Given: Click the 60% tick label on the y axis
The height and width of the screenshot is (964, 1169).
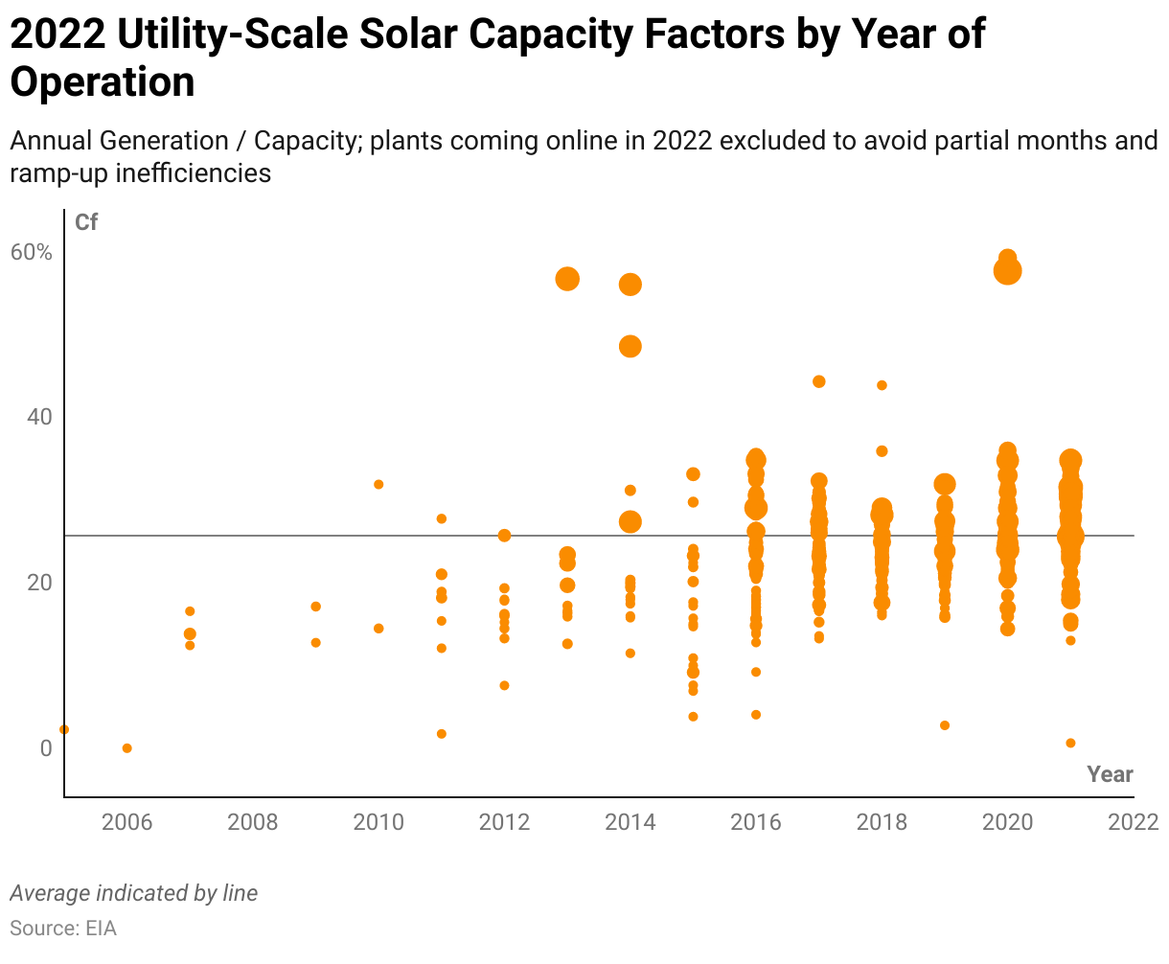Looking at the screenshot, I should point(32,252).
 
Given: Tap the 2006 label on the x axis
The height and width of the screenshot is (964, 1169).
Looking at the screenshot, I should point(126,822).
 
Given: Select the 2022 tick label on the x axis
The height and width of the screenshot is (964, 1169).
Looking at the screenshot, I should point(1134,822).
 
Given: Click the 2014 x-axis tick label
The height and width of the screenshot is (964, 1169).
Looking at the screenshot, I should point(630,822).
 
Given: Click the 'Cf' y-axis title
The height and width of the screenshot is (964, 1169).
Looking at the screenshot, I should point(86,223).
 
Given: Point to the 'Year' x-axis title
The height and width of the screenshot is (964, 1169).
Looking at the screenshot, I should point(1110,774).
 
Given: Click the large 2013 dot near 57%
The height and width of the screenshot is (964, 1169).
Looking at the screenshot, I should point(567,279).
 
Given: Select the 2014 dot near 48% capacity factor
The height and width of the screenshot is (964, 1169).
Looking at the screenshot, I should point(630,346).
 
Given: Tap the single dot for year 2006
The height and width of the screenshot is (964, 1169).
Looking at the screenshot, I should point(126,748).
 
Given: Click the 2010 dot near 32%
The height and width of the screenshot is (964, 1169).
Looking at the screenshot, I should point(378,485).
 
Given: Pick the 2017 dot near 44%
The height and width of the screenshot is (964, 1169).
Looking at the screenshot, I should point(819,381).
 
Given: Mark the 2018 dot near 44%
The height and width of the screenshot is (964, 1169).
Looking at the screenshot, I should point(882,385).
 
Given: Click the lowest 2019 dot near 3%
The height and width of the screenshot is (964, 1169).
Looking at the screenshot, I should point(945,725).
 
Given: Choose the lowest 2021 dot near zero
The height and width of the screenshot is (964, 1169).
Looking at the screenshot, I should point(1070,744).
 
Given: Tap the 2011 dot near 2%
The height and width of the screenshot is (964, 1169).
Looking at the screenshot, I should point(442,734).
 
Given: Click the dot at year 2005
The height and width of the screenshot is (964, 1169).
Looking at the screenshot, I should point(64,729).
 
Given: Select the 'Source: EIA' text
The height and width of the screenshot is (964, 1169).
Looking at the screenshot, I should point(63,929).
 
